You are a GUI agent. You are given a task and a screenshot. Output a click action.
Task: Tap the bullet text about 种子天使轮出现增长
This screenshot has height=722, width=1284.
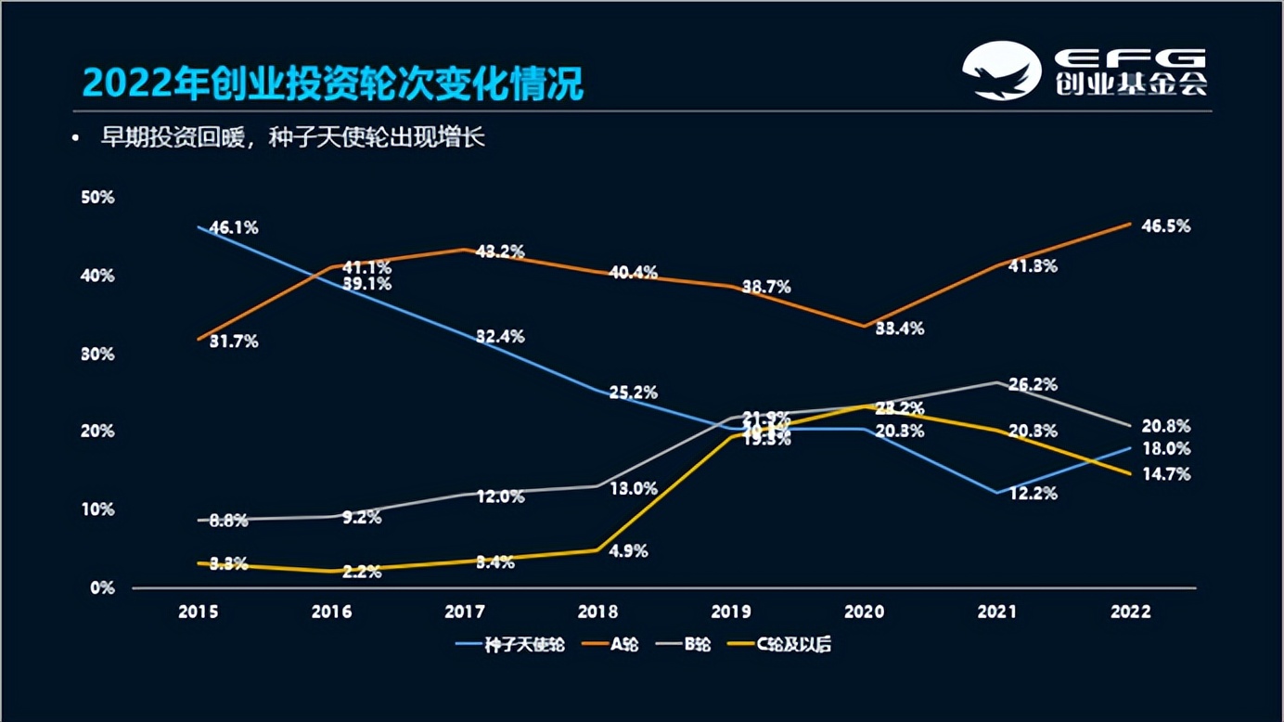tap(293, 139)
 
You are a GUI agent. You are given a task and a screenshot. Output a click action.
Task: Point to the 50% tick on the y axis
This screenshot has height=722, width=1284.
tap(97, 198)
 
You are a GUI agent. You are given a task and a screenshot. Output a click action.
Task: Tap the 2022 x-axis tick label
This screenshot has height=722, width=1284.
tap(1130, 612)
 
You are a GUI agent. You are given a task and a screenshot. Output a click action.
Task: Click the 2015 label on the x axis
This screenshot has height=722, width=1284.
tap(199, 612)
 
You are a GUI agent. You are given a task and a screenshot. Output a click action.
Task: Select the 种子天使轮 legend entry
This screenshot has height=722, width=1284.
tap(512, 644)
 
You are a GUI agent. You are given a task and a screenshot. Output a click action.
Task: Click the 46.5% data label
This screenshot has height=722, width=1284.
tap(1166, 226)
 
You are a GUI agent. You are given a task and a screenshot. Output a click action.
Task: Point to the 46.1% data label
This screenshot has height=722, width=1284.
tap(234, 227)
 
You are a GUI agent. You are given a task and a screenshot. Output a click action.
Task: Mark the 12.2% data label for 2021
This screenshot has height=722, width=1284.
tap(1034, 494)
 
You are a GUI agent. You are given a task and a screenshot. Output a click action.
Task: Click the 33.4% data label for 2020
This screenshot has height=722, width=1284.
tap(899, 329)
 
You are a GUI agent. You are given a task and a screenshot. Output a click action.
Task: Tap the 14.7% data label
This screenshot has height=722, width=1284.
tap(1166, 474)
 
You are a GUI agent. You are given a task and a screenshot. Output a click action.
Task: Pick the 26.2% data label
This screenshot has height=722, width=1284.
tap(1034, 384)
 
